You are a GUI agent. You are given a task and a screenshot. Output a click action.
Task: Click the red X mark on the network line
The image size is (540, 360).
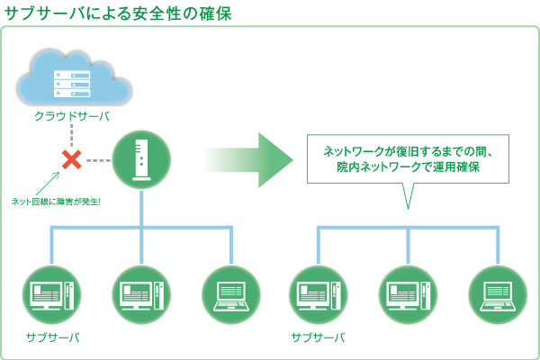click(x=72, y=160)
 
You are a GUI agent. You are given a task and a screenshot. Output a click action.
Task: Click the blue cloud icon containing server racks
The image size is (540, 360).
click(x=74, y=77)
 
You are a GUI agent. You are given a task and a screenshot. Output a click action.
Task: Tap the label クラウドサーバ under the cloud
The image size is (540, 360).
click(x=72, y=116)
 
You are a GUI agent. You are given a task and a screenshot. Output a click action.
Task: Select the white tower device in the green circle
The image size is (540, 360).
click(x=141, y=160)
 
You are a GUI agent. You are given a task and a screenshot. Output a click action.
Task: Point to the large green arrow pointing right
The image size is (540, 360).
click(x=248, y=160)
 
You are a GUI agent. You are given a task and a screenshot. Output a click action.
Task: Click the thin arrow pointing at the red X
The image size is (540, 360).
click(x=48, y=184)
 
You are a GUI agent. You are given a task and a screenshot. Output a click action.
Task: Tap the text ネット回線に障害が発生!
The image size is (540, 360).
click(x=56, y=202)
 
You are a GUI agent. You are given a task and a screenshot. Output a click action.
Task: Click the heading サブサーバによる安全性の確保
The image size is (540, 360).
click(x=118, y=13)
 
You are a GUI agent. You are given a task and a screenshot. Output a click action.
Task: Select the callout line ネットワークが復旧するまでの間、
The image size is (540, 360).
click(x=408, y=151)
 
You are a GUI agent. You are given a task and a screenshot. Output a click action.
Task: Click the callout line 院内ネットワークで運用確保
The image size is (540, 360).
click(x=408, y=167)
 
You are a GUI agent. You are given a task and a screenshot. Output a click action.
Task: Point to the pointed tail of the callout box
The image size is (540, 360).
click(x=408, y=208)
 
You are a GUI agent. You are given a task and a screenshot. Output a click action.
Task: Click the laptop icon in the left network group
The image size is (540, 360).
click(x=231, y=295)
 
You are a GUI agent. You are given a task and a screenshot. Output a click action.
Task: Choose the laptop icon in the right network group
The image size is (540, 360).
click(x=498, y=295)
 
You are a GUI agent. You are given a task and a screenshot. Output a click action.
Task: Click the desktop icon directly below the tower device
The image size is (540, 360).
click(x=141, y=295)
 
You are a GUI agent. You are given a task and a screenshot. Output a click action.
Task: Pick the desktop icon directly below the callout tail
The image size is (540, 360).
click(x=408, y=295)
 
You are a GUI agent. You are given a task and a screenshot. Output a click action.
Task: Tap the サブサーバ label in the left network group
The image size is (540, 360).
click(x=53, y=337)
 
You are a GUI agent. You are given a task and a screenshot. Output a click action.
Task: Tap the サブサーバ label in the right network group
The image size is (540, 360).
click(x=319, y=337)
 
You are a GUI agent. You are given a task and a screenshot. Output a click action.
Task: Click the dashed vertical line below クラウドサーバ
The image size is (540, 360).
click(x=72, y=135)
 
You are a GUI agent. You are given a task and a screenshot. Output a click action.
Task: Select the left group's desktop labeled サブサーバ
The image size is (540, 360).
click(x=52, y=295)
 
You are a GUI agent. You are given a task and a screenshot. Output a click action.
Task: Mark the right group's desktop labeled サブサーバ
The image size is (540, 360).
click(x=319, y=295)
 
